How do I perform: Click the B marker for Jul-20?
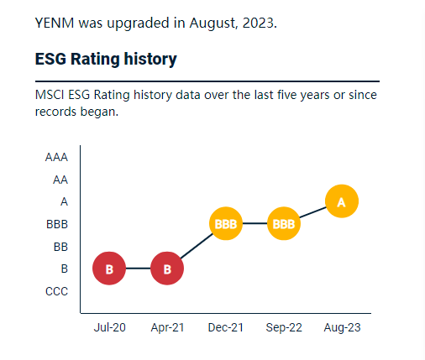[109, 269]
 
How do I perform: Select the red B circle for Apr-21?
[167, 269]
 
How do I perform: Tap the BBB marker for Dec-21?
[225, 224]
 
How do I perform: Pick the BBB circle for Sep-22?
[284, 224]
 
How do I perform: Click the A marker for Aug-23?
[341, 201]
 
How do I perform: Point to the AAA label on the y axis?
[57, 157]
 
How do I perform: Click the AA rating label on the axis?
[60, 180]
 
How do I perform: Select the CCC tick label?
[57, 291]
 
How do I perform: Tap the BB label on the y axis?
[60, 247]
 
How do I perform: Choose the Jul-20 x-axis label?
[109, 327]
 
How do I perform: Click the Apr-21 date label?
[167, 327]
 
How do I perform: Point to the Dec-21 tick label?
[225, 327]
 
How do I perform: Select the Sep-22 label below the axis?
[284, 327]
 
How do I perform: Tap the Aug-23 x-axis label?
[342, 327]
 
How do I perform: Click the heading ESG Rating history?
[106, 60]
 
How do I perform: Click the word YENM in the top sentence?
[55, 23]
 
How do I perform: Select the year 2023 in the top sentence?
[257, 23]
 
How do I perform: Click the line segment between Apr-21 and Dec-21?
[197, 246]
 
